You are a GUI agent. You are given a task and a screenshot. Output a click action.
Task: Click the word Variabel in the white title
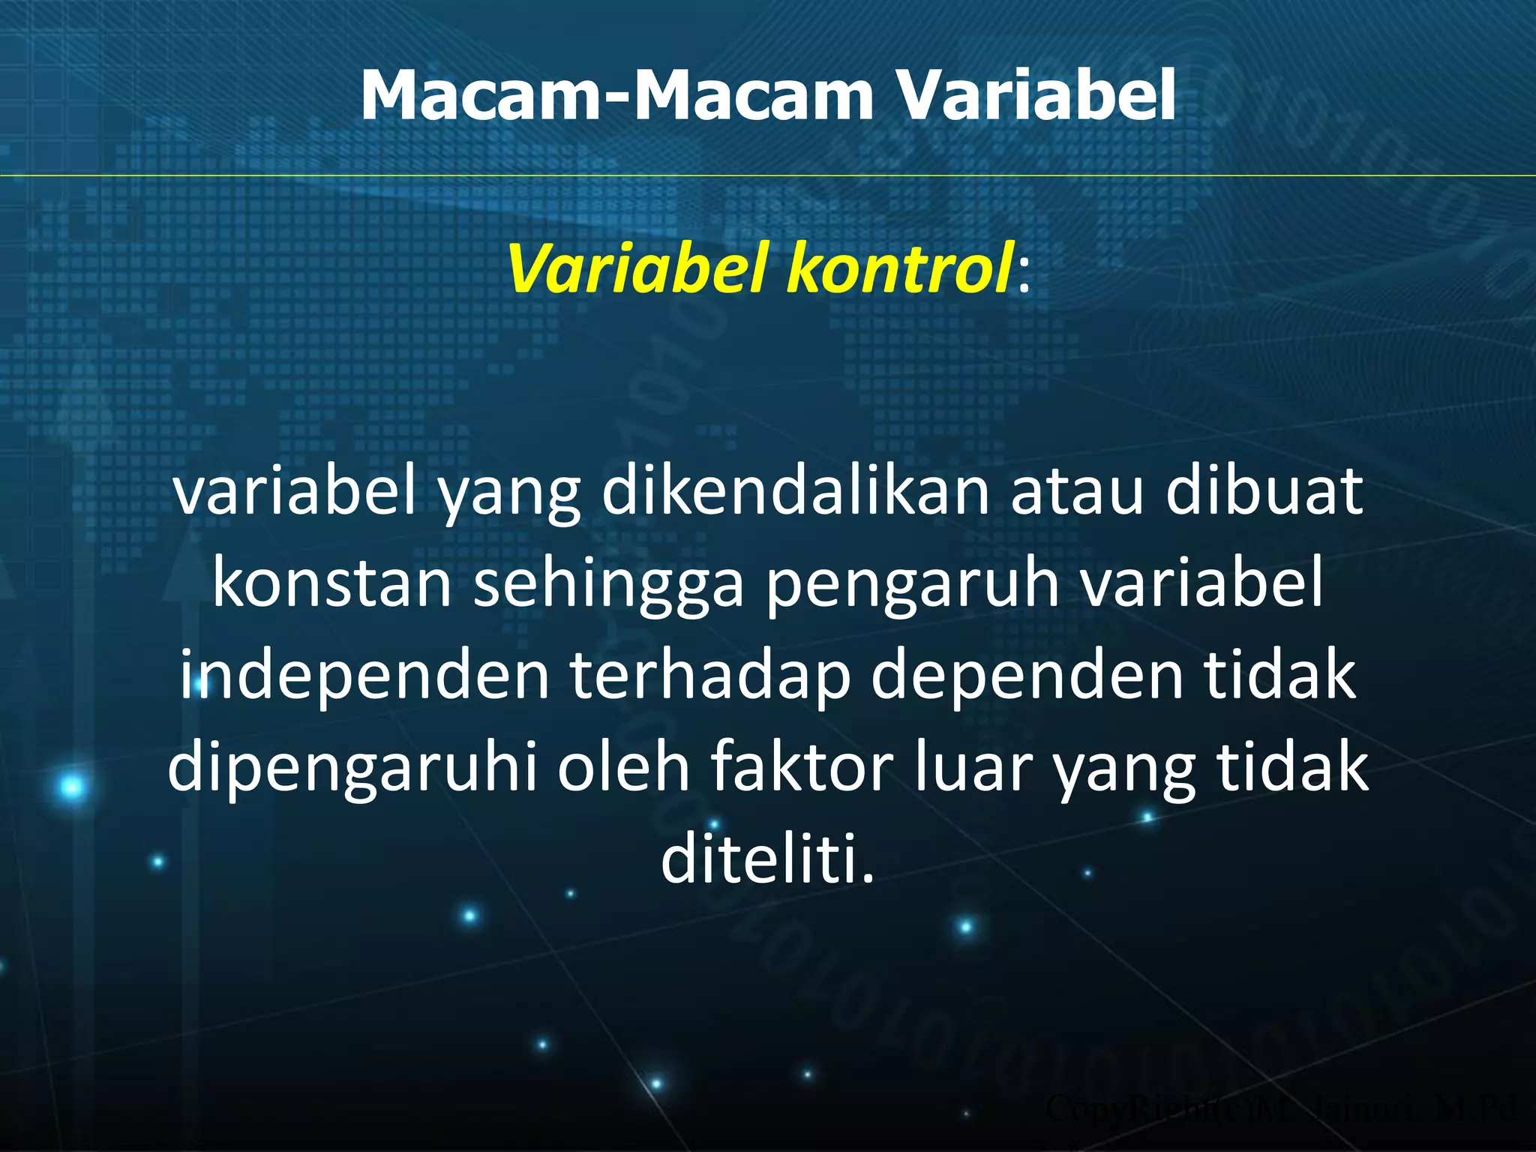point(1036,96)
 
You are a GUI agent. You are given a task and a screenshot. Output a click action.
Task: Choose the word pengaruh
point(912,585)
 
